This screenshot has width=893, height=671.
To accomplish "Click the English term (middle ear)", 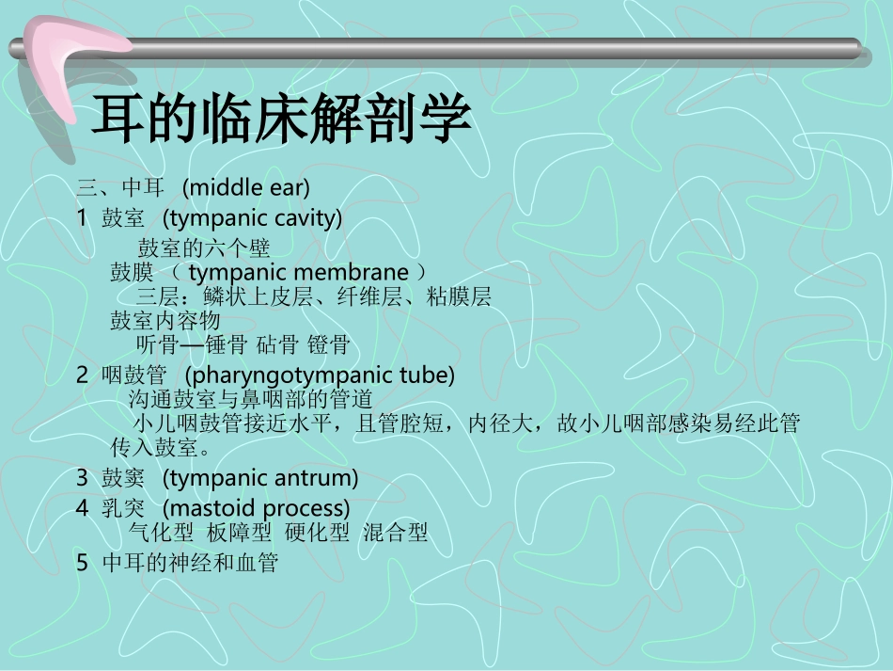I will [x=246, y=187].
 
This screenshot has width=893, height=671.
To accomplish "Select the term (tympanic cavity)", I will [x=252, y=219].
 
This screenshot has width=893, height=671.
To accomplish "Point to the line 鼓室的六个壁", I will [x=204, y=248].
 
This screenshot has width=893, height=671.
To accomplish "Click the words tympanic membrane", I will [x=298, y=273].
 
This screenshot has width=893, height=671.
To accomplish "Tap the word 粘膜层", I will [x=458, y=297].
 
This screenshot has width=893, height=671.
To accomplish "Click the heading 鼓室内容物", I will [x=165, y=321].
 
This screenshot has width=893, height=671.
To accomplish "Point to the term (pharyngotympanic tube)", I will [x=320, y=375].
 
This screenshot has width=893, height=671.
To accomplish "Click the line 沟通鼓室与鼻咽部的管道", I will [x=250, y=399].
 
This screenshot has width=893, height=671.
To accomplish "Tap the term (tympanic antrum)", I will [x=260, y=478].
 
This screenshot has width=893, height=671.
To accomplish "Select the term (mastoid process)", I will [x=256, y=509].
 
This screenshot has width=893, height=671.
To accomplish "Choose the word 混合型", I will [x=395, y=533].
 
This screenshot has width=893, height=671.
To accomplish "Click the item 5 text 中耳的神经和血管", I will [x=190, y=563].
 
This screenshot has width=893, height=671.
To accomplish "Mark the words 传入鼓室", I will [x=150, y=446].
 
